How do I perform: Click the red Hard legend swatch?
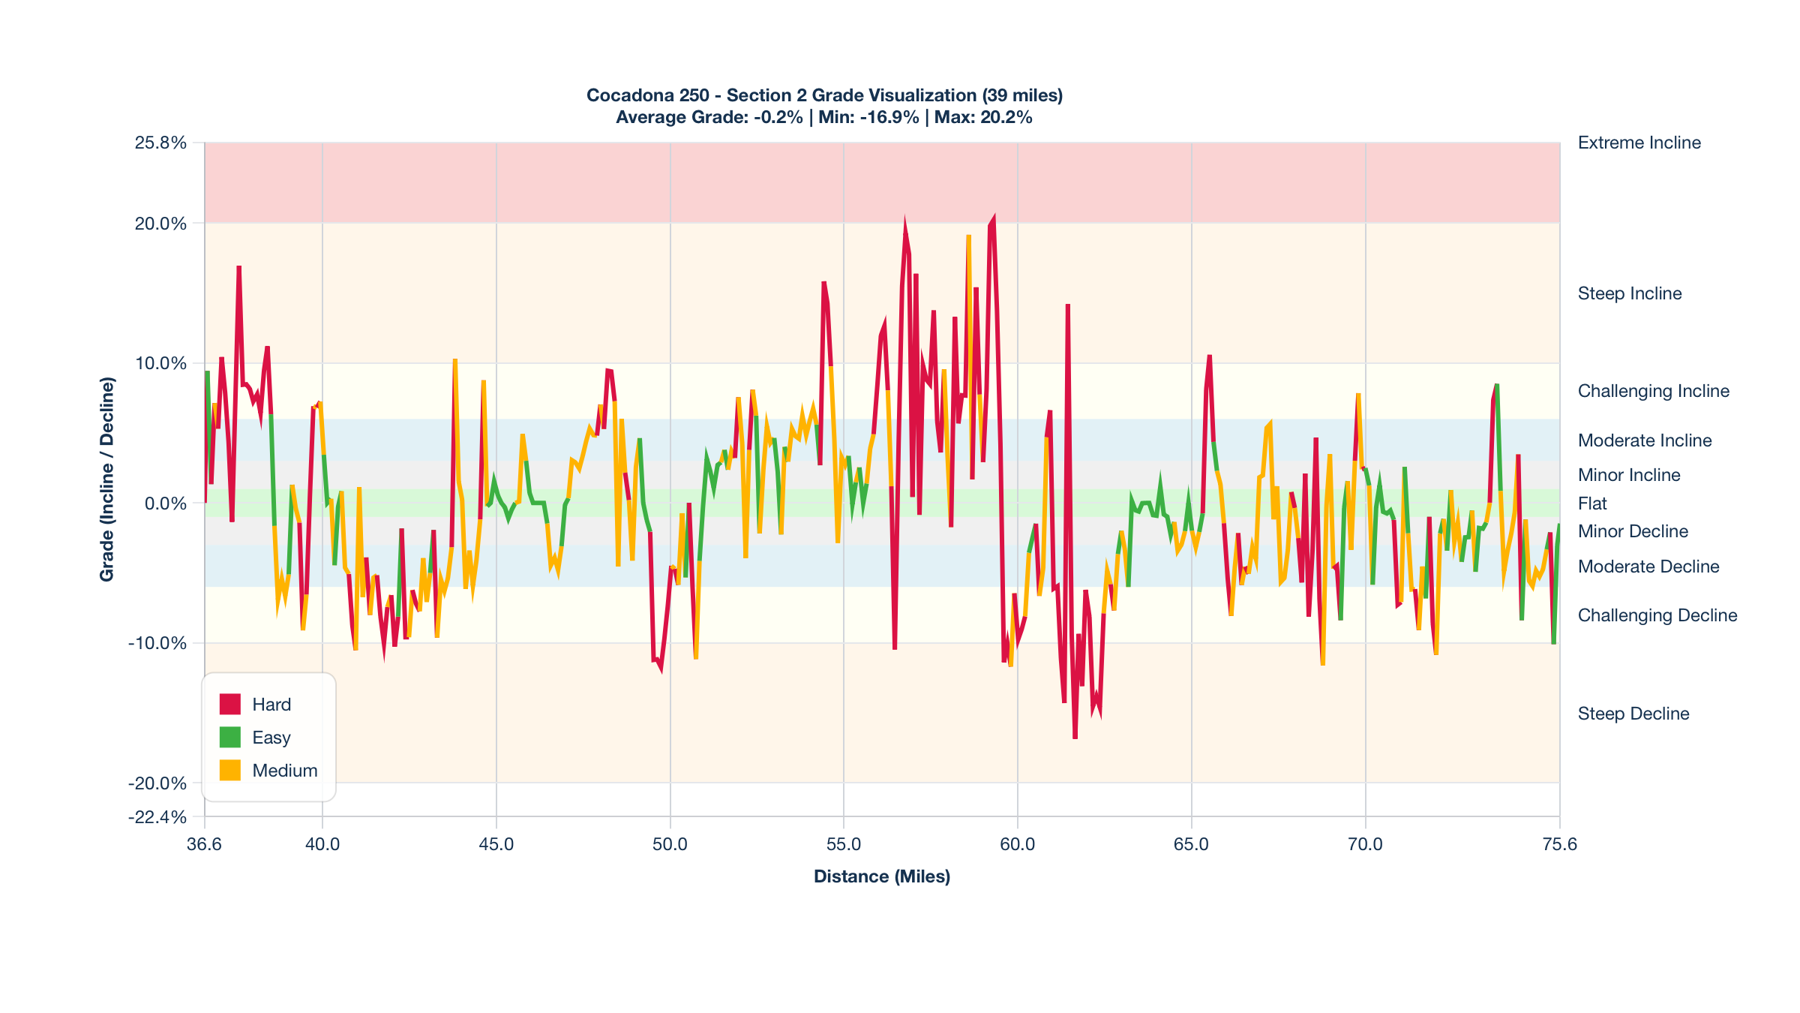(229, 704)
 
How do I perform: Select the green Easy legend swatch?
(229, 737)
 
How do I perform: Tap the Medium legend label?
(284, 771)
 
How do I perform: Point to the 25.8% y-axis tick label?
(160, 143)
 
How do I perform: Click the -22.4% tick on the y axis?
(157, 816)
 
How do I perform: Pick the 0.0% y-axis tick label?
(165, 503)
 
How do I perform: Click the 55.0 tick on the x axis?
(844, 844)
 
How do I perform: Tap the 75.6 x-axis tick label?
(1559, 844)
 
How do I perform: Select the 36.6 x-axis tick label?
(204, 844)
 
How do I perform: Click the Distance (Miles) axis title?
(882, 876)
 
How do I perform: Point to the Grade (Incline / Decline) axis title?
(107, 479)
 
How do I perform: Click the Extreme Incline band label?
(1639, 143)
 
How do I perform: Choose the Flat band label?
(1592, 503)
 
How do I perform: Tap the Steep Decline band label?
(1633, 714)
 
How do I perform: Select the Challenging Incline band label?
(1653, 391)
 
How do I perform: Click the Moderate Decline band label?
(1648, 567)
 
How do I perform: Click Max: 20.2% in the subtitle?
(983, 117)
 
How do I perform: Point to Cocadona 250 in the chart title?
(647, 95)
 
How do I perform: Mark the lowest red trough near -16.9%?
(1075, 738)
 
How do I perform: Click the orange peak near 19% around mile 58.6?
(969, 237)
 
